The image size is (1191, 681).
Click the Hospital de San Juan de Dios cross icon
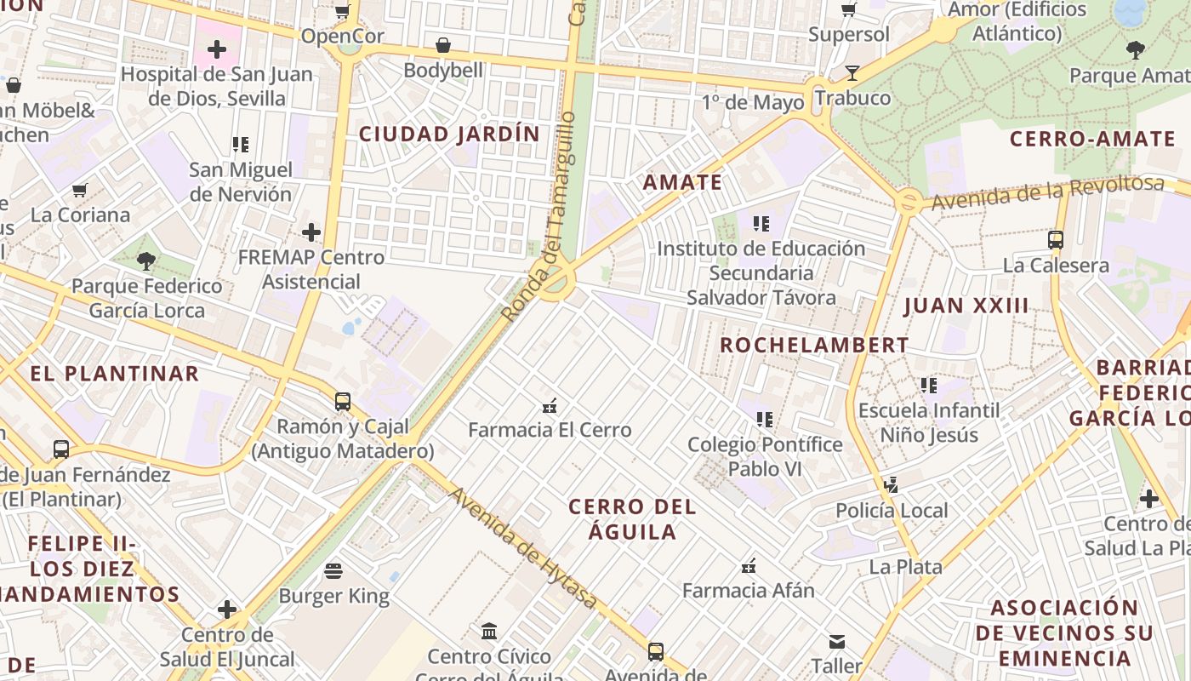point(217,49)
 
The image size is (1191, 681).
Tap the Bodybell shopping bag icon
point(442,45)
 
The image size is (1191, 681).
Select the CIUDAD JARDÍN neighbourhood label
point(449,134)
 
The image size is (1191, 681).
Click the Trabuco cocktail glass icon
point(852,73)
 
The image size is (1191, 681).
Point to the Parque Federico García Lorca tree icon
point(146,260)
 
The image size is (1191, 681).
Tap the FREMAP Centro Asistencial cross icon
point(311,232)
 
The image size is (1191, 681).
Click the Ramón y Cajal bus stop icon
point(343,401)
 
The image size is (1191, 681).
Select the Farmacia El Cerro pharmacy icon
point(550,404)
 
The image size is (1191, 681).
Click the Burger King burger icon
point(333,570)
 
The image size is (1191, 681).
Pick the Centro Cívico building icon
point(489,631)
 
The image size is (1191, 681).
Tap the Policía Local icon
point(891,484)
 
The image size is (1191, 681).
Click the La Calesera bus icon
point(1056,239)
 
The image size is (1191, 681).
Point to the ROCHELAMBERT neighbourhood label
point(814,345)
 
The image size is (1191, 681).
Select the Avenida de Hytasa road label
point(523,548)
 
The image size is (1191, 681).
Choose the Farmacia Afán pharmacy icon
point(749,565)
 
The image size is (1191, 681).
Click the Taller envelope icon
point(837,641)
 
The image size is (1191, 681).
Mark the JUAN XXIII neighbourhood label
point(966,306)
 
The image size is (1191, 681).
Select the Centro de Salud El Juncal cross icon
point(227,609)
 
